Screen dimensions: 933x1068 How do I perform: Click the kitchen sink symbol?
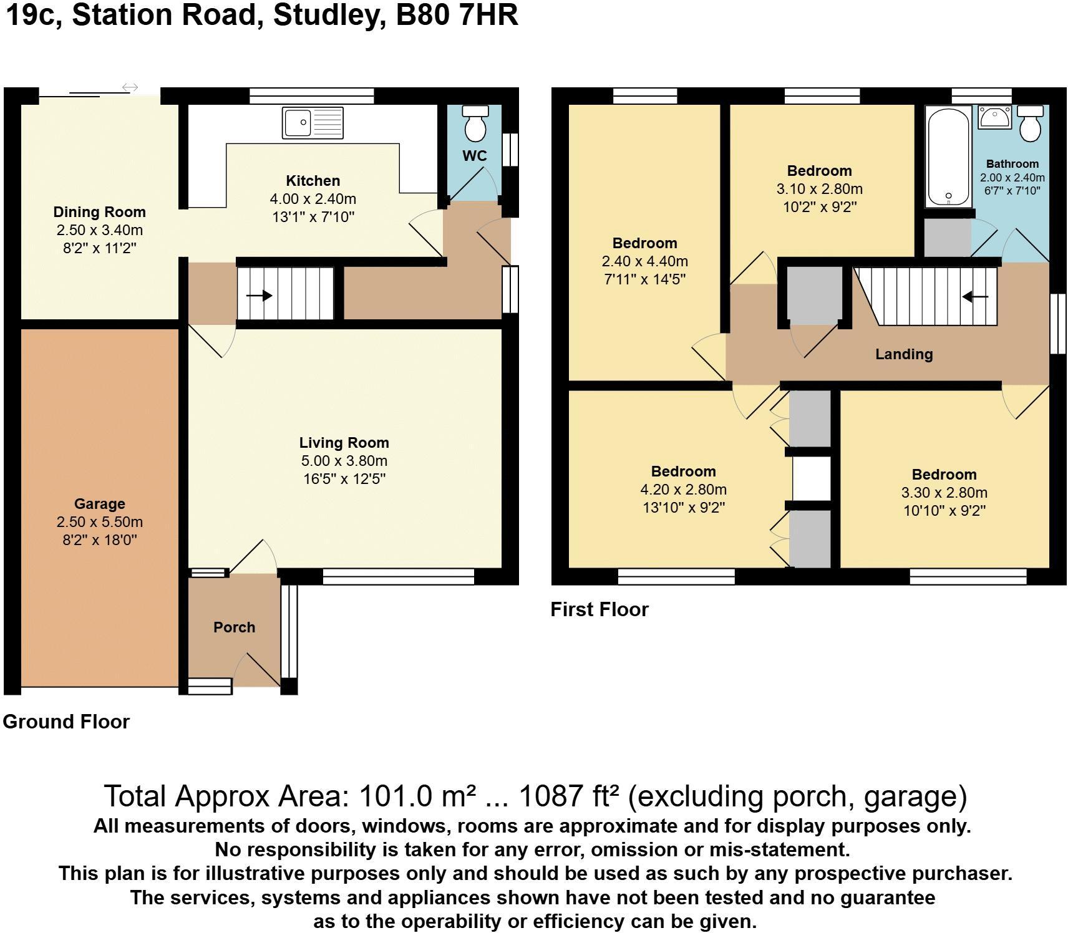313,123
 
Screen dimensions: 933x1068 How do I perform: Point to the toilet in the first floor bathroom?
1030,123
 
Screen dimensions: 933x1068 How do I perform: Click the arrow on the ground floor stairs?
259,296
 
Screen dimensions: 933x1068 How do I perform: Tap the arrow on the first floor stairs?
975,297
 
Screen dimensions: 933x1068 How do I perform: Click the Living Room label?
344,443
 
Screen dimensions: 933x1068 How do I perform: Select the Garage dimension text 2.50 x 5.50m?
99,522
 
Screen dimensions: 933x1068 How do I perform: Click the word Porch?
234,627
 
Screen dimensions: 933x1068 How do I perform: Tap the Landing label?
904,354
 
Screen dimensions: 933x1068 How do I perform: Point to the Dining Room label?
99,212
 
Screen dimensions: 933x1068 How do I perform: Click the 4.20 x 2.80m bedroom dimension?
683,490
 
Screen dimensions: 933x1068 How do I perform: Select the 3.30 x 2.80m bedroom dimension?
944,493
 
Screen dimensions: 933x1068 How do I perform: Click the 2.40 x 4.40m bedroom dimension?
644,261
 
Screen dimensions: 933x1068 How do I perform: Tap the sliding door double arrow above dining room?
130,87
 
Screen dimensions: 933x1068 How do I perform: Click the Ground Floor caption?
66,722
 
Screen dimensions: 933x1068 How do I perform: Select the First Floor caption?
599,609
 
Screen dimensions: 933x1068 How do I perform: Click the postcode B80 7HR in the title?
457,15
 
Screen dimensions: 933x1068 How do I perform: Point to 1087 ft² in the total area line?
569,796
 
